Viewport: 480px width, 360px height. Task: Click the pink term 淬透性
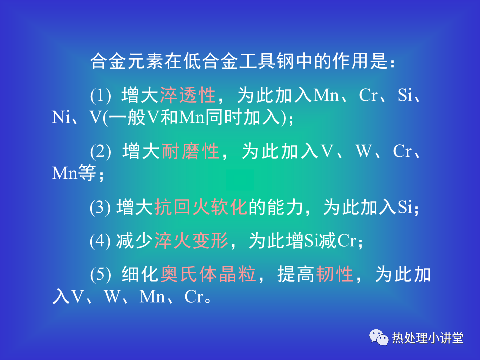click(188, 95)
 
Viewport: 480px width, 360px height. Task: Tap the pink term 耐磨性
click(190, 151)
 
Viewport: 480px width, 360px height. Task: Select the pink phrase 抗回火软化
click(201, 207)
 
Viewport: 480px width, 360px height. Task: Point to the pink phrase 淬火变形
click(191, 240)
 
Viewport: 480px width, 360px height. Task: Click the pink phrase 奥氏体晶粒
click(208, 274)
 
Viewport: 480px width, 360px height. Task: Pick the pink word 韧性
click(334, 274)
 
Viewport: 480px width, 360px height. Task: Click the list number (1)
click(100, 95)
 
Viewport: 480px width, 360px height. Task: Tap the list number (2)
click(100, 151)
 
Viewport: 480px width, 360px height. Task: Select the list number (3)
click(100, 207)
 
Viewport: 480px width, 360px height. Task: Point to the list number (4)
click(100, 241)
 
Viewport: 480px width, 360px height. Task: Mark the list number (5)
click(100, 274)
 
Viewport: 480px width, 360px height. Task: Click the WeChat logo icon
click(379, 337)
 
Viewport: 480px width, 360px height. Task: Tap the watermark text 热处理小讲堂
click(427, 338)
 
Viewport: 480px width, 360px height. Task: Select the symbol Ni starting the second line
click(61, 117)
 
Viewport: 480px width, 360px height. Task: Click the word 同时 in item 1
click(224, 117)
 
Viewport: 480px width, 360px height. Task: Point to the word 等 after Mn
click(87, 173)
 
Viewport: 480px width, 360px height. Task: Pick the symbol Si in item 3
click(404, 207)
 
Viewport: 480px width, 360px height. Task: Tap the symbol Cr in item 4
click(347, 241)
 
